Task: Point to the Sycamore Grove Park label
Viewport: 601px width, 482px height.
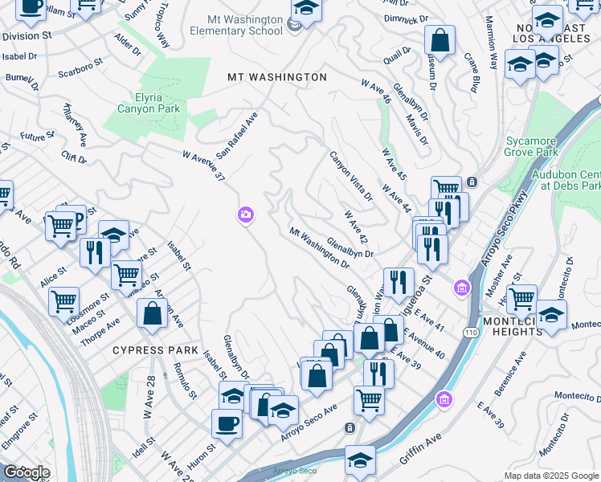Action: tap(531, 146)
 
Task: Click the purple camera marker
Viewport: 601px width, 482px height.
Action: tap(245, 214)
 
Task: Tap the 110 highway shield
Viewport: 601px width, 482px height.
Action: tap(470, 331)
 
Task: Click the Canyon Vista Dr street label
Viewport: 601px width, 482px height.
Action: tap(351, 175)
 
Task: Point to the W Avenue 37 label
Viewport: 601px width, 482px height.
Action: tap(202, 165)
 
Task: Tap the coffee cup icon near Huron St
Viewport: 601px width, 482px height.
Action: tap(227, 423)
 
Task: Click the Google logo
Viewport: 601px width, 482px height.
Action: tap(27, 472)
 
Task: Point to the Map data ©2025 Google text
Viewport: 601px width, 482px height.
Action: tap(551, 476)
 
